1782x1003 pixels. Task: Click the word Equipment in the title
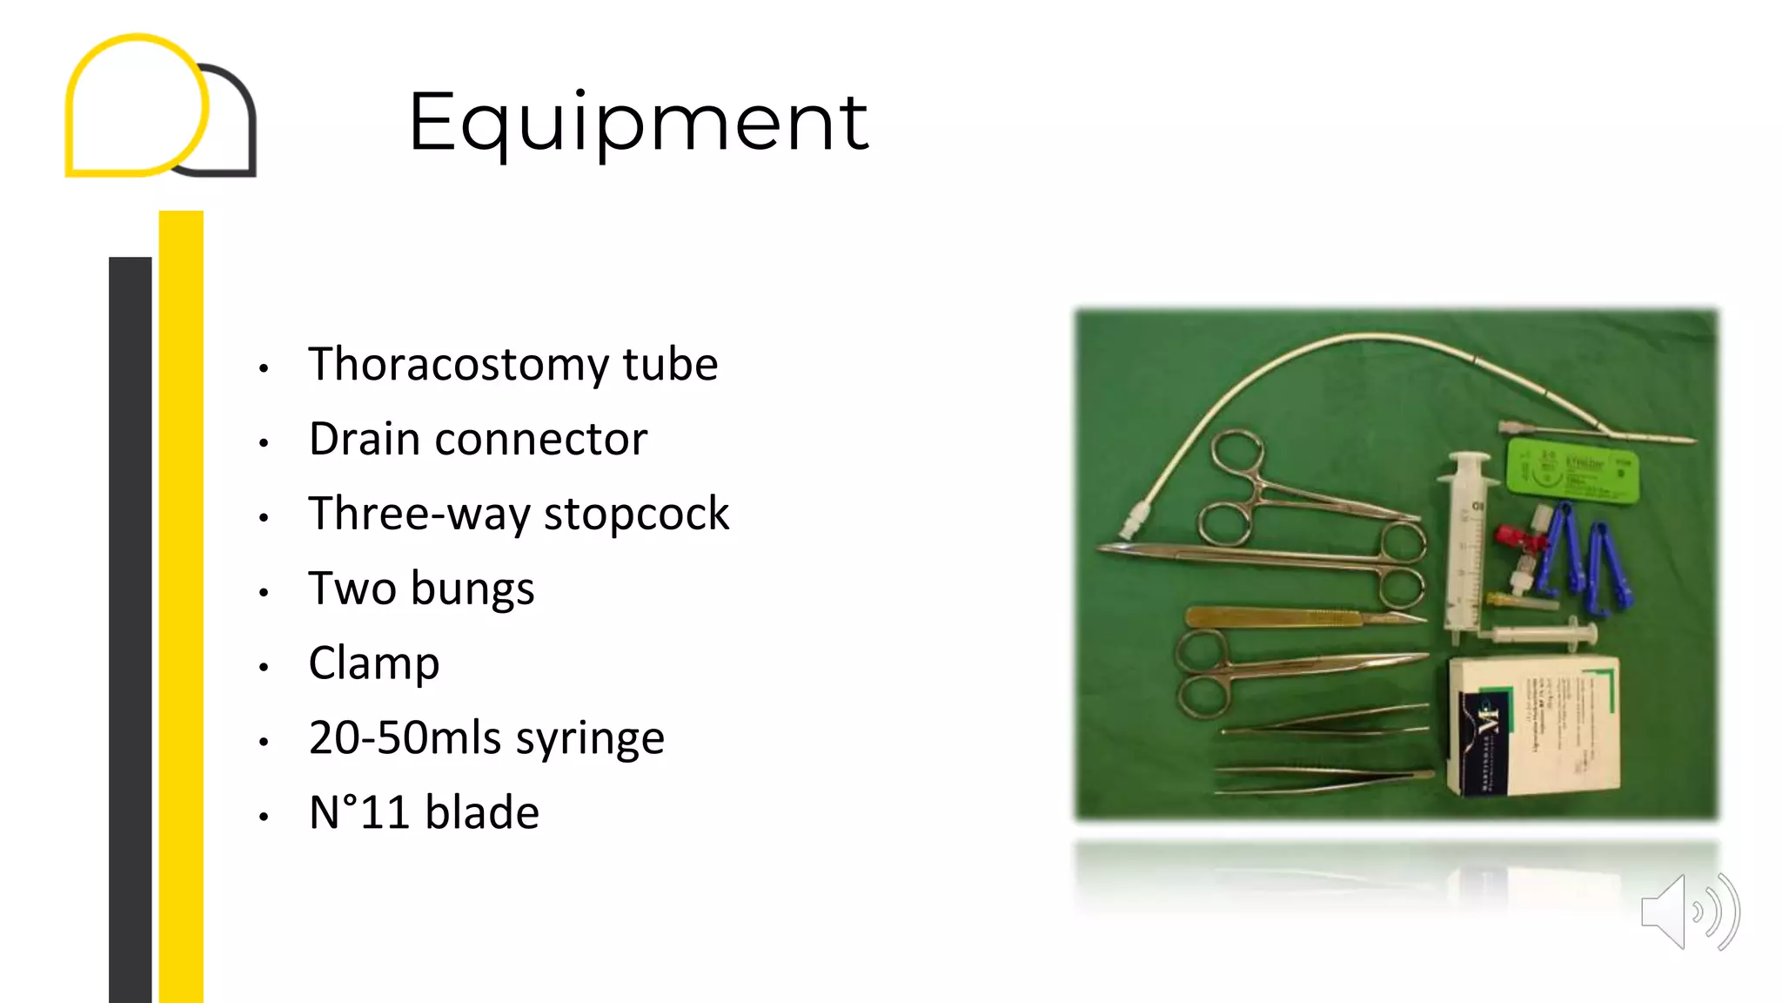638,123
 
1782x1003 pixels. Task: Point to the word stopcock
636,514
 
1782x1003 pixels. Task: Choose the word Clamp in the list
374,663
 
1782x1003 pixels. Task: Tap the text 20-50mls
405,738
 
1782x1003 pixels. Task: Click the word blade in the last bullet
482,813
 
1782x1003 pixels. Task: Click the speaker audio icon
1688,912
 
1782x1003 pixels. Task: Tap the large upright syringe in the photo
1466,549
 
